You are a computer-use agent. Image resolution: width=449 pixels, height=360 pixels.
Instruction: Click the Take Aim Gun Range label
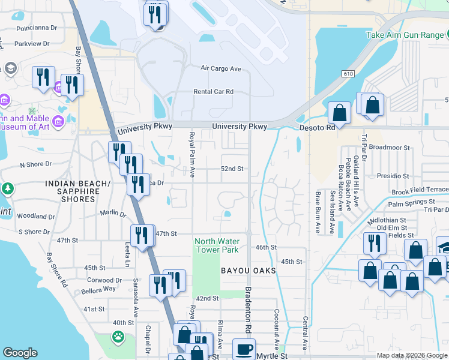tap(405, 35)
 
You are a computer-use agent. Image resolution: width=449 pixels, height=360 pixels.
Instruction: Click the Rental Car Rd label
tap(213, 92)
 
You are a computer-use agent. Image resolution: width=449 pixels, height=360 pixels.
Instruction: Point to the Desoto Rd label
tap(318, 128)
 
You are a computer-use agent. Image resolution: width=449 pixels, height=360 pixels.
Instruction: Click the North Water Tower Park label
tap(216, 245)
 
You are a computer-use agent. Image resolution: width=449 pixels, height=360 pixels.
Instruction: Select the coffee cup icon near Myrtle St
tap(244, 349)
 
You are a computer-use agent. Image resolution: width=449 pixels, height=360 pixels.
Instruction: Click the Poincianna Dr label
tap(37, 28)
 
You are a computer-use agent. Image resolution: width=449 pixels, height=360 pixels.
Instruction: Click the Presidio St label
tap(393, 176)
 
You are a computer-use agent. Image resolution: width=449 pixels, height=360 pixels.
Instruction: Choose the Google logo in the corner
tap(20, 353)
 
